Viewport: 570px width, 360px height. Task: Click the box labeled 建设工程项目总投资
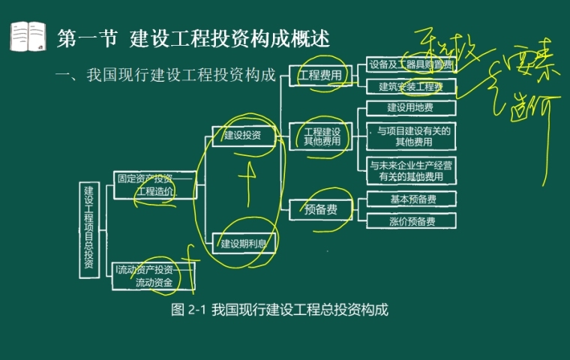(89, 229)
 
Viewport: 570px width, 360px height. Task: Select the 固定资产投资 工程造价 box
(155, 184)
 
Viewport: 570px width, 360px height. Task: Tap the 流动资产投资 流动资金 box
(154, 276)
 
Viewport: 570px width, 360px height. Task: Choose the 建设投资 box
(242, 136)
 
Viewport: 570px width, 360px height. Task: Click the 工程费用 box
(320, 75)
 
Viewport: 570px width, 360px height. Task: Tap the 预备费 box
(320, 209)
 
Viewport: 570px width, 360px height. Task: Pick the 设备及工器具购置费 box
(411, 65)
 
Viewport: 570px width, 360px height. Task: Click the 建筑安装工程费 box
(411, 86)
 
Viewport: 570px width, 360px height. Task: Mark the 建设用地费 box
(411, 108)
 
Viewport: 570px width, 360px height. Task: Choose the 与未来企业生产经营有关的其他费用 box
(411, 170)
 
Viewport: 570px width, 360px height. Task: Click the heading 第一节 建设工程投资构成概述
(193, 38)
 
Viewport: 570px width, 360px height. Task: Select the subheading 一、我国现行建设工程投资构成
(166, 74)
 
